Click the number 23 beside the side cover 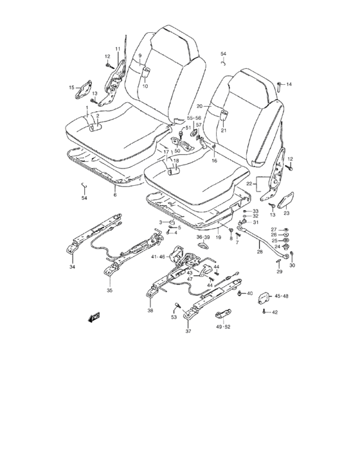[x=287, y=213]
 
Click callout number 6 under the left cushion [x=115, y=194]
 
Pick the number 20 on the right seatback [x=199, y=106]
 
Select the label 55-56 [x=194, y=118]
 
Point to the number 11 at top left [x=118, y=50]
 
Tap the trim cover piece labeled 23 [x=287, y=199]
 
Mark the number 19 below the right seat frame [x=218, y=238]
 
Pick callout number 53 [x=174, y=317]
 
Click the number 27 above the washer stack [x=273, y=230]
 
